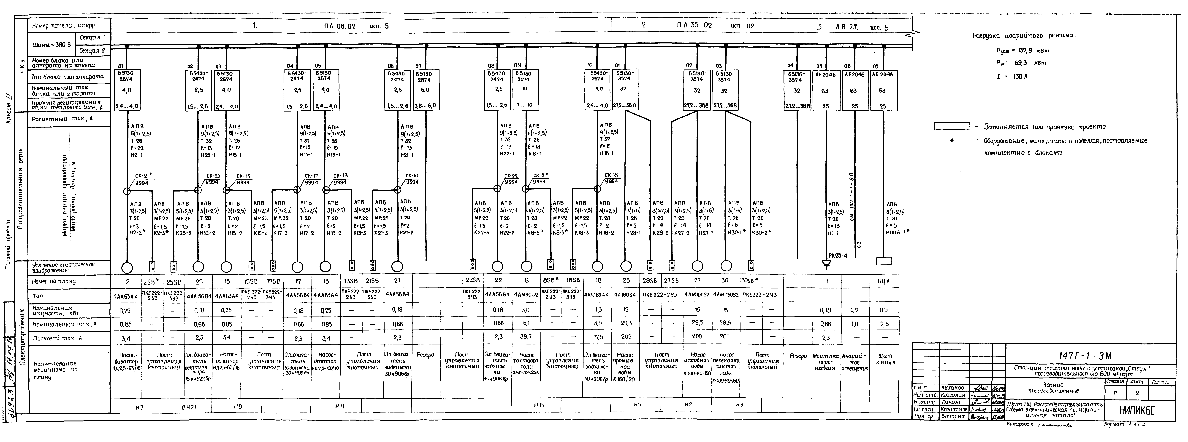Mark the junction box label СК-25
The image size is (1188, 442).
coord(213,176)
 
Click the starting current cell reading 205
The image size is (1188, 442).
coord(626,337)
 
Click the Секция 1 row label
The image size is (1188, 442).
coord(92,37)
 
